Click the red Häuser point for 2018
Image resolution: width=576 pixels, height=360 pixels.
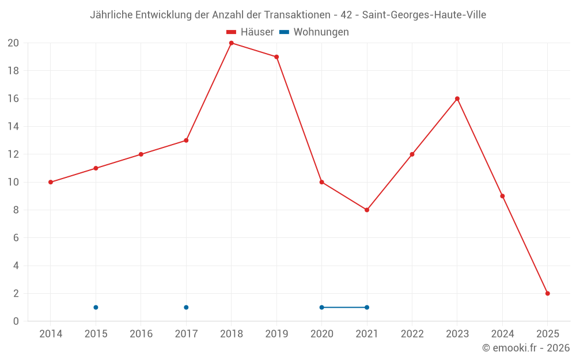tap(231, 43)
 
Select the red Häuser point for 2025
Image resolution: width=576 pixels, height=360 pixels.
tap(547, 293)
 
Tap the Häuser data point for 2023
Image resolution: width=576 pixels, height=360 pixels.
tap(457, 98)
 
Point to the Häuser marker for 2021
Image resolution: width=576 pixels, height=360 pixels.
tap(366, 210)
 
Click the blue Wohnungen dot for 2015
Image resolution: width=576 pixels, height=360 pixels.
tap(96, 307)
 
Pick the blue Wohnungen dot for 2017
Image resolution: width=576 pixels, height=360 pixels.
tap(186, 307)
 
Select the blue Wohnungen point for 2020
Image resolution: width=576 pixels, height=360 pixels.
tap(321, 307)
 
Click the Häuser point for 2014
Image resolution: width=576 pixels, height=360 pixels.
tap(51, 182)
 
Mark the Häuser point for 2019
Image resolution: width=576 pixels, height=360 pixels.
tap(276, 57)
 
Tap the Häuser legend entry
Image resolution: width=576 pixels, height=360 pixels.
tap(250, 32)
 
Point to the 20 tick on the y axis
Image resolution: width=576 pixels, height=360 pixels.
tap(13, 43)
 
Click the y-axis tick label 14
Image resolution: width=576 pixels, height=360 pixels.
tap(13, 127)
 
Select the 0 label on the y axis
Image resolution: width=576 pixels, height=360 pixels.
tap(16, 321)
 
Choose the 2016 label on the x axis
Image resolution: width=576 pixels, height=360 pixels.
tap(141, 334)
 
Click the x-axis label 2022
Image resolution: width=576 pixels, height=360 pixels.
tap(412, 334)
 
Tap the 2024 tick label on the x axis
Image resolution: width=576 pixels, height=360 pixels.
tap(502, 334)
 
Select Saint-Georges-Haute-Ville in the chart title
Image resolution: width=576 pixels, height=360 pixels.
tap(424, 15)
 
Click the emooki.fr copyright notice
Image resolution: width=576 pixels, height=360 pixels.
tap(525, 348)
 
